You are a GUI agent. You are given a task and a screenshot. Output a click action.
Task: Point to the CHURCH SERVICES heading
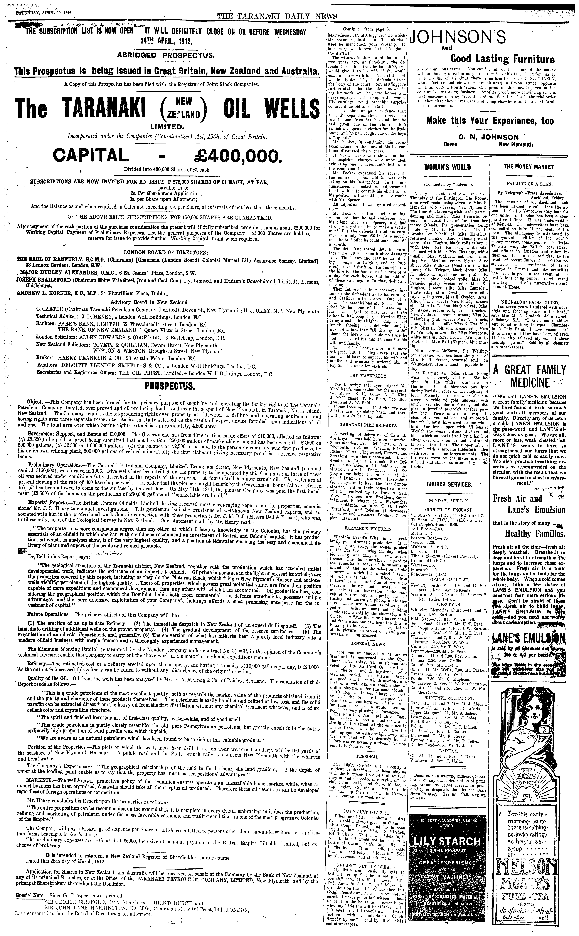pyautogui.click(x=449, y=484)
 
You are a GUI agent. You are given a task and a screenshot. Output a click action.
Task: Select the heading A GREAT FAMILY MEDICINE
pyautogui.click(x=529, y=376)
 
